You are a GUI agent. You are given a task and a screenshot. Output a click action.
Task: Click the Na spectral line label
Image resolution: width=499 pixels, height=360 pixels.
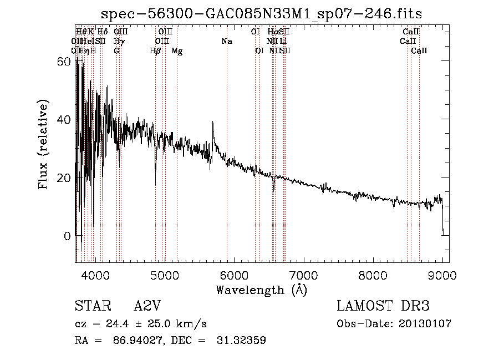(227, 42)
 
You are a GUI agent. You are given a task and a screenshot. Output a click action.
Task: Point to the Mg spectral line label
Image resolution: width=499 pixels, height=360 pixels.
(177, 51)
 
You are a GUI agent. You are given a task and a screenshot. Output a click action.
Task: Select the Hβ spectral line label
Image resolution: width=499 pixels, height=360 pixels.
(155, 51)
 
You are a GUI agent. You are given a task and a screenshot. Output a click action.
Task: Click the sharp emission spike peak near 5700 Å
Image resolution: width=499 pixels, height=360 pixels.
(213, 123)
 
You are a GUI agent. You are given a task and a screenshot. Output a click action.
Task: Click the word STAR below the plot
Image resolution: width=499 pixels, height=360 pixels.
(91, 306)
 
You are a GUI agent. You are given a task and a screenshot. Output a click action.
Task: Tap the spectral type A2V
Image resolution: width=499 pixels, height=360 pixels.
(149, 306)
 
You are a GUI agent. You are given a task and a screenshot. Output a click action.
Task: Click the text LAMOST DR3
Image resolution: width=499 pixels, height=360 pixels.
(383, 306)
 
